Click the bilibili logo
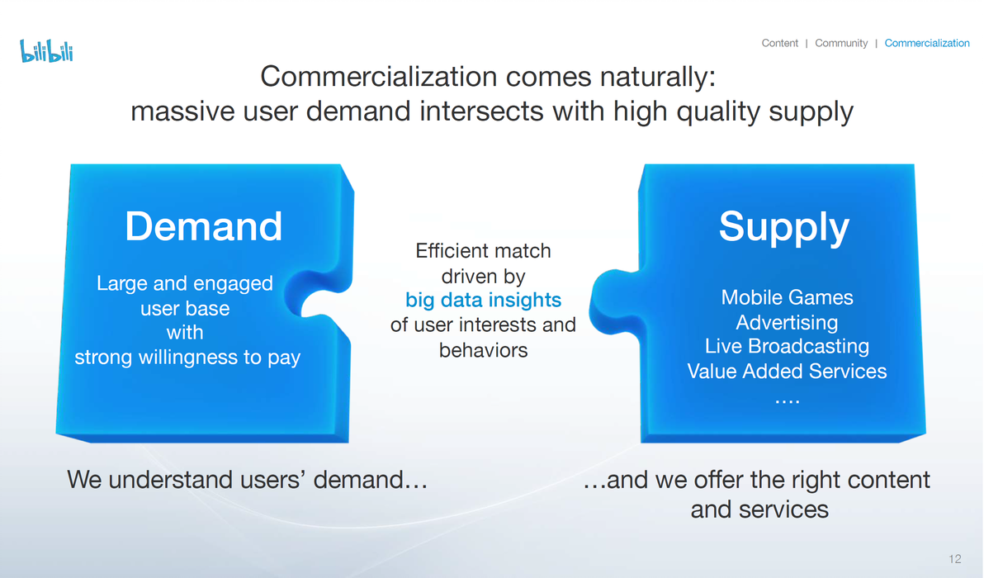(x=46, y=51)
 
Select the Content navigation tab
(x=779, y=43)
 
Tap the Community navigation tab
(x=841, y=43)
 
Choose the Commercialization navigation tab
(x=927, y=43)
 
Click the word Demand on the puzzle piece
(x=203, y=226)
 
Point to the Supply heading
(x=783, y=227)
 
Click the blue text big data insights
(x=483, y=300)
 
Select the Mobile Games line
(x=787, y=297)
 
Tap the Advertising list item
(x=787, y=323)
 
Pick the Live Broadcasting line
(x=787, y=347)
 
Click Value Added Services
(x=787, y=371)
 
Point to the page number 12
(x=955, y=558)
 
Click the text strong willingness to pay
(x=187, y=357)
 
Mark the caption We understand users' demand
(x=248, y=480)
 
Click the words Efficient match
(x=483, y=251)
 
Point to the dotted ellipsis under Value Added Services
(x=787, y=400)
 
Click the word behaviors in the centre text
(x=483, y=349)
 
